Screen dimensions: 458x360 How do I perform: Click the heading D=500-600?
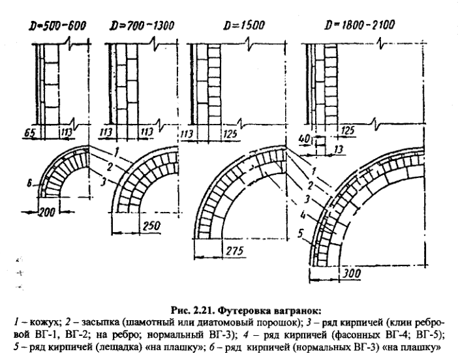pyautogui.click(x=57, y=25)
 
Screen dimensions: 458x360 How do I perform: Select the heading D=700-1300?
pyautogui.click(x=142, y=25)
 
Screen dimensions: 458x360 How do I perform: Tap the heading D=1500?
pyautogui.click(x=244, y=25)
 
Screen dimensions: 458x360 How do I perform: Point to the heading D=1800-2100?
pyautogui.click(x=360, y=25)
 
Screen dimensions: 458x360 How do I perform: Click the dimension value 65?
pyautogui.click(x=29, y=133)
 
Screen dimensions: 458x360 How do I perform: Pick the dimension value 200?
pyautogui.click(x=47, y=212)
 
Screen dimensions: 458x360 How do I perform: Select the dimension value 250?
pyautogui.click(x=151, y=226)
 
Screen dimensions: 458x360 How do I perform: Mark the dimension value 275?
pyautogui.click(x=234, y=250)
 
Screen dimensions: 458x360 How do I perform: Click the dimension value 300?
pyautogui.click(x=352, y=274)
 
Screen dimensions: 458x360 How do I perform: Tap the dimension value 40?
pyautogui.click(x=304, y=139)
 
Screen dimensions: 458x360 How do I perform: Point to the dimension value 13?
pyautogui.click(x=338, y=149)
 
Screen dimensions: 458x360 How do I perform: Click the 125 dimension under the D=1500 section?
pyautogui.click(x=230, y=134)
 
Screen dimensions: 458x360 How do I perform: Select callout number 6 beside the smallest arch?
pyautogui.click(x=29, y=183)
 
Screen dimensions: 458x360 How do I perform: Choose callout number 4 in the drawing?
pyautogui.click(x=303, y=216)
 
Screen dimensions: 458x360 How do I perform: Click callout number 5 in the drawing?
pyautogui.click(x=301, y=233)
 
